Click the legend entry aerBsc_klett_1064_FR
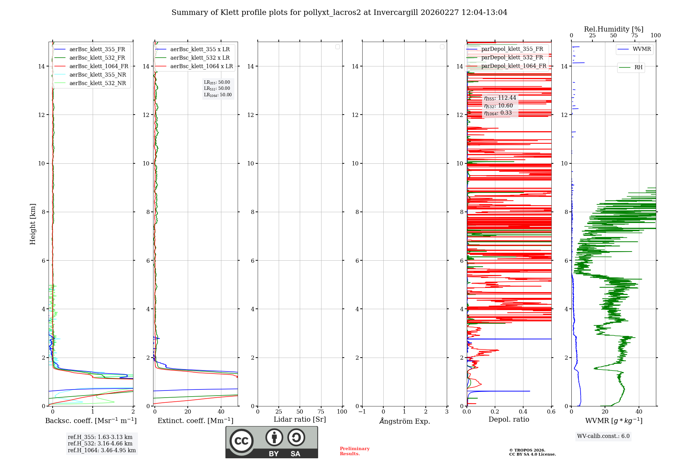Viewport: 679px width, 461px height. point(99,66)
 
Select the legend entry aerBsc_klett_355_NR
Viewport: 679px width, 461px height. point(97,75)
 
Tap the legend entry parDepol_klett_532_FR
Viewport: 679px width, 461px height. point(512,58)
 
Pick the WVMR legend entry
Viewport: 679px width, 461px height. point(642,49)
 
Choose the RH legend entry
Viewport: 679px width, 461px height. point(638,67)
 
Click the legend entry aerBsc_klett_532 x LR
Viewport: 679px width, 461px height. point(200,58)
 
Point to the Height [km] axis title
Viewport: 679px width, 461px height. point(33,224)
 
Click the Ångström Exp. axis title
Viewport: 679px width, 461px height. point(404,421)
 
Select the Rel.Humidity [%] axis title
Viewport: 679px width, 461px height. point(613,29)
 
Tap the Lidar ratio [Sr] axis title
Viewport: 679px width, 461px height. point(300,420)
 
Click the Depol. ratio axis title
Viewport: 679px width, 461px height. point(509,420)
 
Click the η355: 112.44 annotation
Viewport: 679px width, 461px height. point(500,98)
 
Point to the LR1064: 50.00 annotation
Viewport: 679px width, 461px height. point(218,95)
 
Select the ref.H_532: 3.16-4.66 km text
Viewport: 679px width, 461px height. point(100,444)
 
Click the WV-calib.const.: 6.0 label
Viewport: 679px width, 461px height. point(603,436)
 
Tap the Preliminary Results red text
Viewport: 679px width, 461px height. point(354,451)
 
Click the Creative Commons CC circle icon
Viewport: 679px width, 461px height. point(241,441)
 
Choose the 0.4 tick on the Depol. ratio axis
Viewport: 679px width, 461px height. point(523,412)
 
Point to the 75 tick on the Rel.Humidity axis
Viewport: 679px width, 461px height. point(634,36)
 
